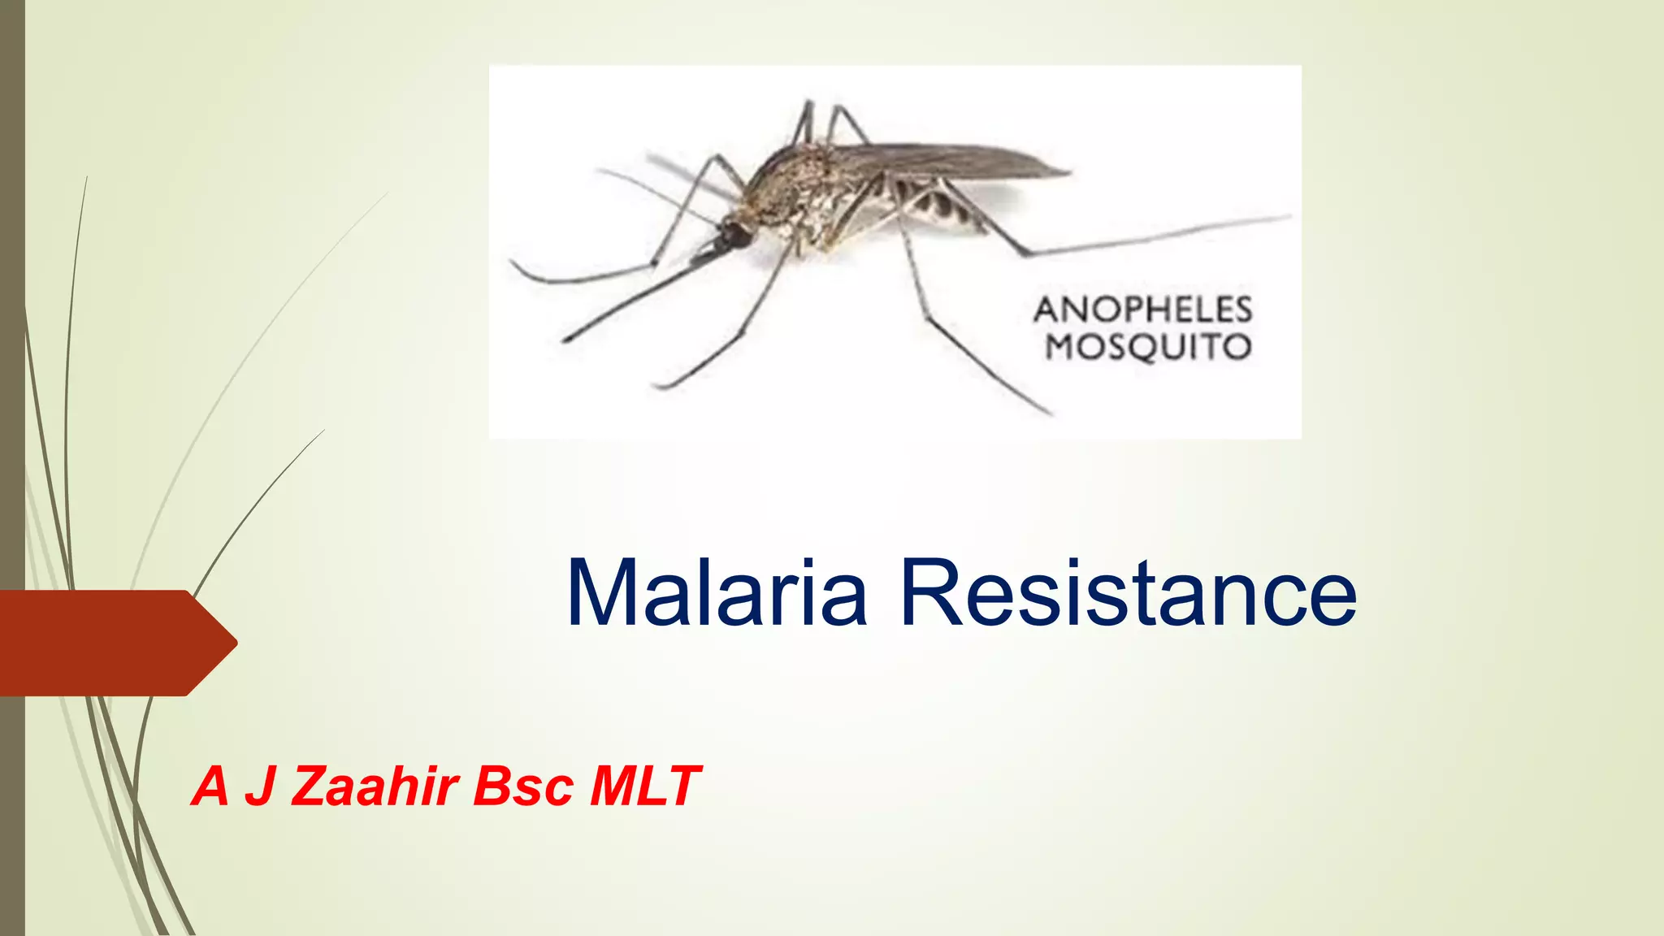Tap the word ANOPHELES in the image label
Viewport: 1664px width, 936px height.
(x=1143, y=310)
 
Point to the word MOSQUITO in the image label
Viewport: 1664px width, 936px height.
(x=1148, y=347)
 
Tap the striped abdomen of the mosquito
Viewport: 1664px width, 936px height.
(x=942, y=203)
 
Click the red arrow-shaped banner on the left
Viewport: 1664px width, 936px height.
(x=106, y=643)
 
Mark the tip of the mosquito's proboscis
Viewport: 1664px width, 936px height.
(x=566, y=337)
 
